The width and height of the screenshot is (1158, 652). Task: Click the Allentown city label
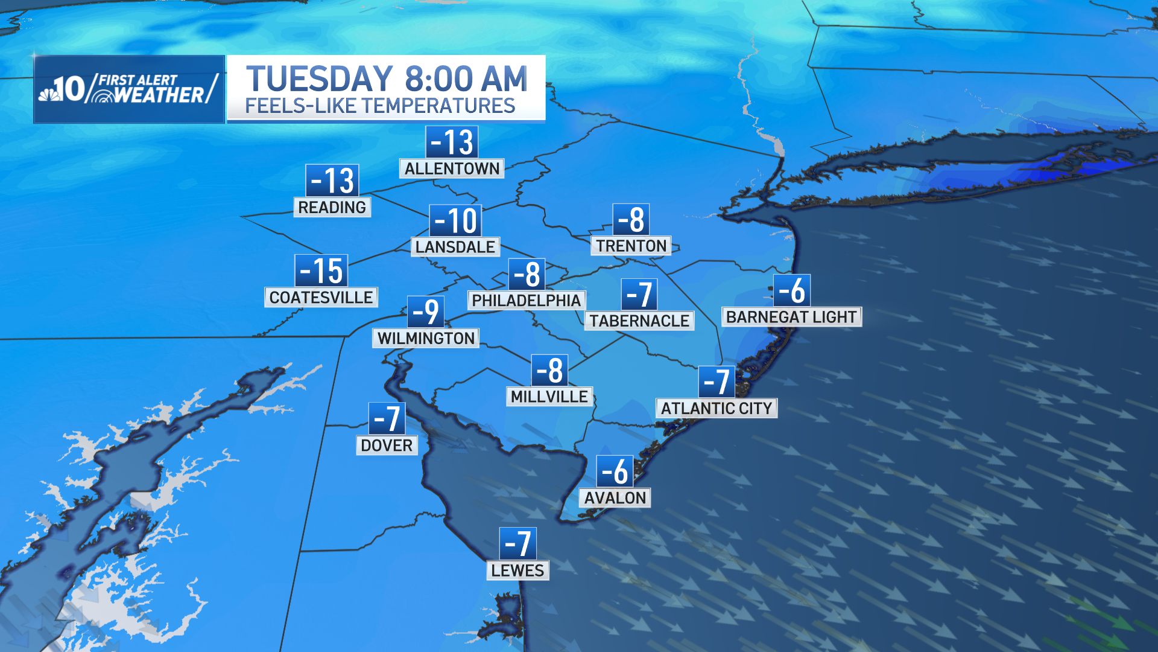(452, 168)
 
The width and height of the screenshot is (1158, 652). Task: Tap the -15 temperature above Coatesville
(321, 270)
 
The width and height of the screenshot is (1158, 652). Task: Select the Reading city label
(332, 207)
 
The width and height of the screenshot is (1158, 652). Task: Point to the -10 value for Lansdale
(455, 220)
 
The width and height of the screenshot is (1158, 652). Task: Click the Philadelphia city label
(526, 300)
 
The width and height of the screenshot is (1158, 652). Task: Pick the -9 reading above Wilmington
(426, 312)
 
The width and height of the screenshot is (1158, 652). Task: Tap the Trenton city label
(631, 246)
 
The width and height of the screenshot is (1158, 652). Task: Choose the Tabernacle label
(639, 321)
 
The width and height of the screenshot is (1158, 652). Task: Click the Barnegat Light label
(791, 317)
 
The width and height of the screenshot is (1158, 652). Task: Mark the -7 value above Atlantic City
(717, 382)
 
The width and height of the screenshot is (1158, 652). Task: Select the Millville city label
(549, 397)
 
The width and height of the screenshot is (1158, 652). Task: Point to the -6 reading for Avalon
(615, 471)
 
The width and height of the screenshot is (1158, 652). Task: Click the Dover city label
(387, 446)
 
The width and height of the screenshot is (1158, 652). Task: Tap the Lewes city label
(517, 570)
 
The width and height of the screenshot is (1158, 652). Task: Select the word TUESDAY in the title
(320, 79)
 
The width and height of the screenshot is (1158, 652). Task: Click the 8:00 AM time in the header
(466, 79)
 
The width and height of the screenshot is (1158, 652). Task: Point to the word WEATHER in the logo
(159, 95)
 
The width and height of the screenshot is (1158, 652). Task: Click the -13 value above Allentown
(452, 142)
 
